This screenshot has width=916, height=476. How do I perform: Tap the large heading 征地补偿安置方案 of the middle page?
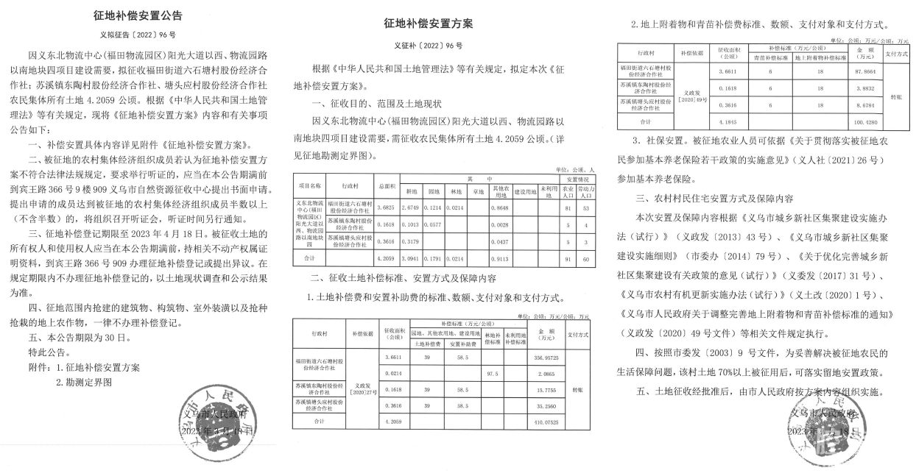click(429, 24)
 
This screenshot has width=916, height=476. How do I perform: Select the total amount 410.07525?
click(546, 422)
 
